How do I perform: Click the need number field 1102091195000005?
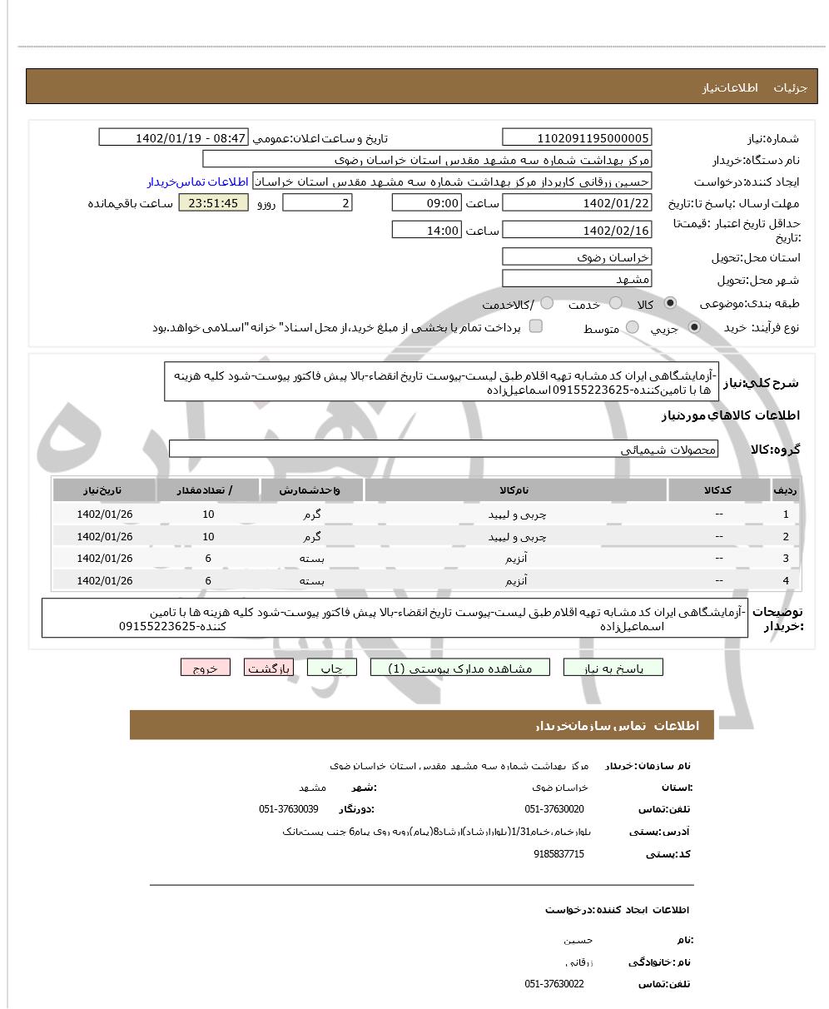577,138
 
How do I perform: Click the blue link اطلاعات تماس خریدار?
199,181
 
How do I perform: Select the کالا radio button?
670,304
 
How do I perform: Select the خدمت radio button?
616,304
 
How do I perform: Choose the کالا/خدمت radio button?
548,304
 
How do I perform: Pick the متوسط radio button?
633,328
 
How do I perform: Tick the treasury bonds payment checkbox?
536,326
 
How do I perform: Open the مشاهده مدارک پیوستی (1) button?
460,668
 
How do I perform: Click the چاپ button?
331,668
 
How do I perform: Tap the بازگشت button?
269,668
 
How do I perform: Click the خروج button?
205,668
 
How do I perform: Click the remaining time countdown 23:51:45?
213,203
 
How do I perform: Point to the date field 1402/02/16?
577,231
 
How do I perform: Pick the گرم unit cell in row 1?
312,514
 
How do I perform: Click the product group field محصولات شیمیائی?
443,450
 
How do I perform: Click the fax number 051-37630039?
288,809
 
